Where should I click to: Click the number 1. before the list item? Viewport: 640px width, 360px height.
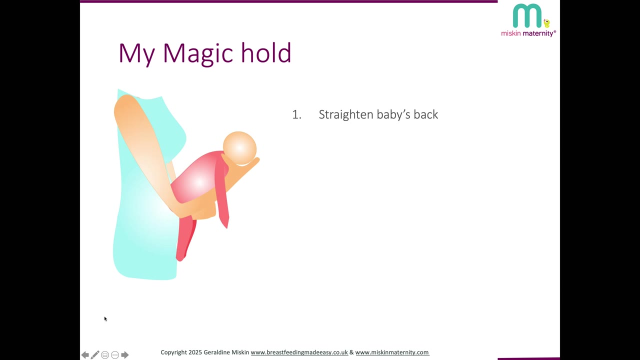coord(296,114)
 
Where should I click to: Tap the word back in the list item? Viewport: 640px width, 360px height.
coord(425,114)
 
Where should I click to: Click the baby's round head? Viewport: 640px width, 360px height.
coord(239,148)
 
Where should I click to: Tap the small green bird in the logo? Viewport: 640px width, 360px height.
coord(547,23)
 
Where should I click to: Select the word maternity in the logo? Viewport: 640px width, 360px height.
coord(539,33)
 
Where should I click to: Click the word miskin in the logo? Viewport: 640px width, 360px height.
coord(511,33)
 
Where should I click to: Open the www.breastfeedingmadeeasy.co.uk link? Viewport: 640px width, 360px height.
coord(299,352)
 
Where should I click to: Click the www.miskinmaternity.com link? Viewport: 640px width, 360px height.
coord(392,352)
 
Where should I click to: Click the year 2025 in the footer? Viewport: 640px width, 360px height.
coord(195,352)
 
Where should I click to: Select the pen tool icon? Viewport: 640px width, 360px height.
coord(95,355)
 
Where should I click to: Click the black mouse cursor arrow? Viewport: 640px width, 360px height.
coord(105,319)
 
